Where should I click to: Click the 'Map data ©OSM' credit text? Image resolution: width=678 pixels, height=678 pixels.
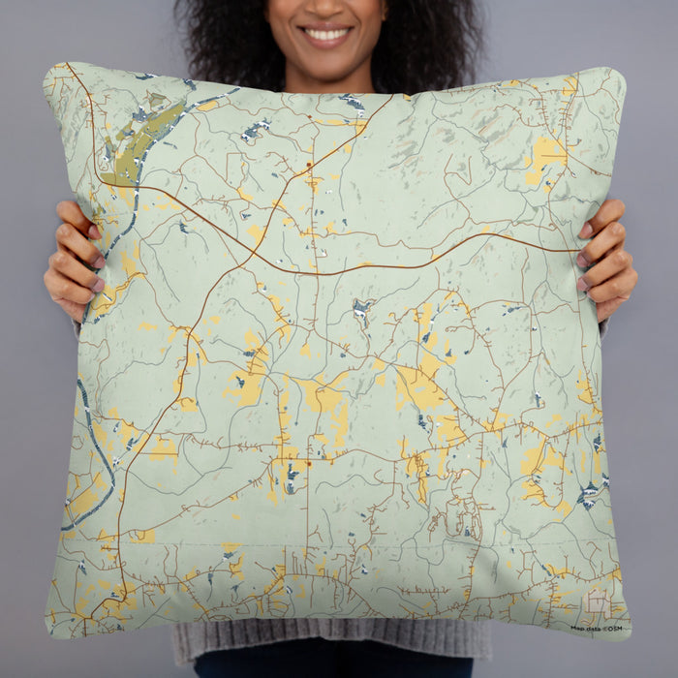click(597, 629)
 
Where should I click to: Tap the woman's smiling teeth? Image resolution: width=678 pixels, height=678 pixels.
click(326, 35)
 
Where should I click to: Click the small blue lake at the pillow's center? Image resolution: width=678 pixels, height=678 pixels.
click(362, 310)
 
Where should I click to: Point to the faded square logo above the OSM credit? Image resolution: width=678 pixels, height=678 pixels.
click(597, 603)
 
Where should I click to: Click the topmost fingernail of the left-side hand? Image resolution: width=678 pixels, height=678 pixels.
click(94, 231)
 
